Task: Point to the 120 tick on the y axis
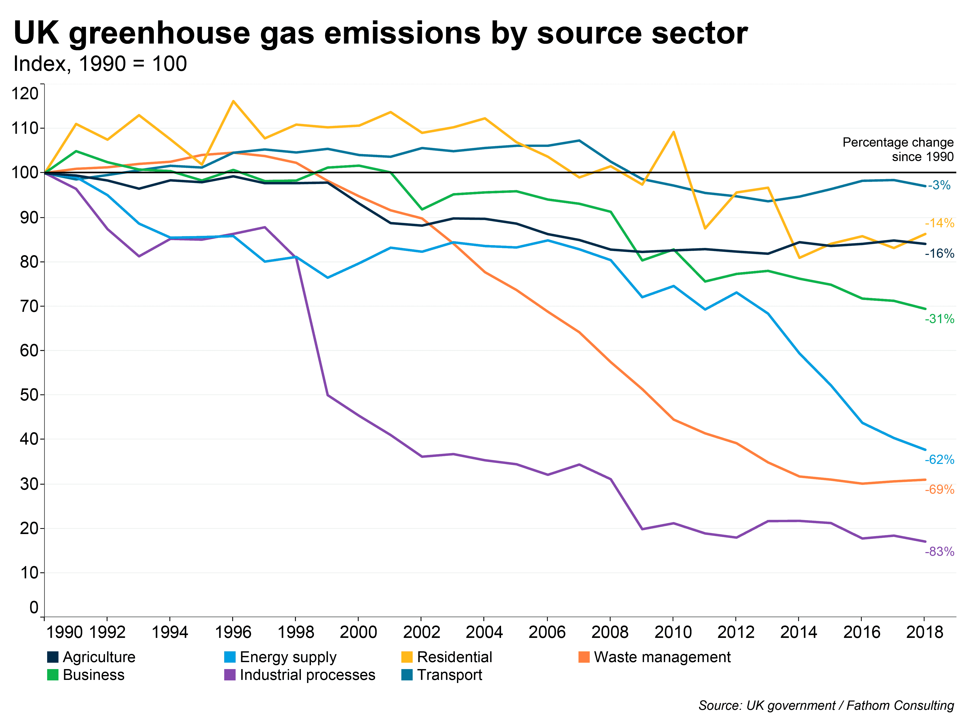click(x=25, y=94)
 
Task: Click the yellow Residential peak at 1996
click(x=233, y=101)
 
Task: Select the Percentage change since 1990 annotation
click(x=898, y=149)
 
